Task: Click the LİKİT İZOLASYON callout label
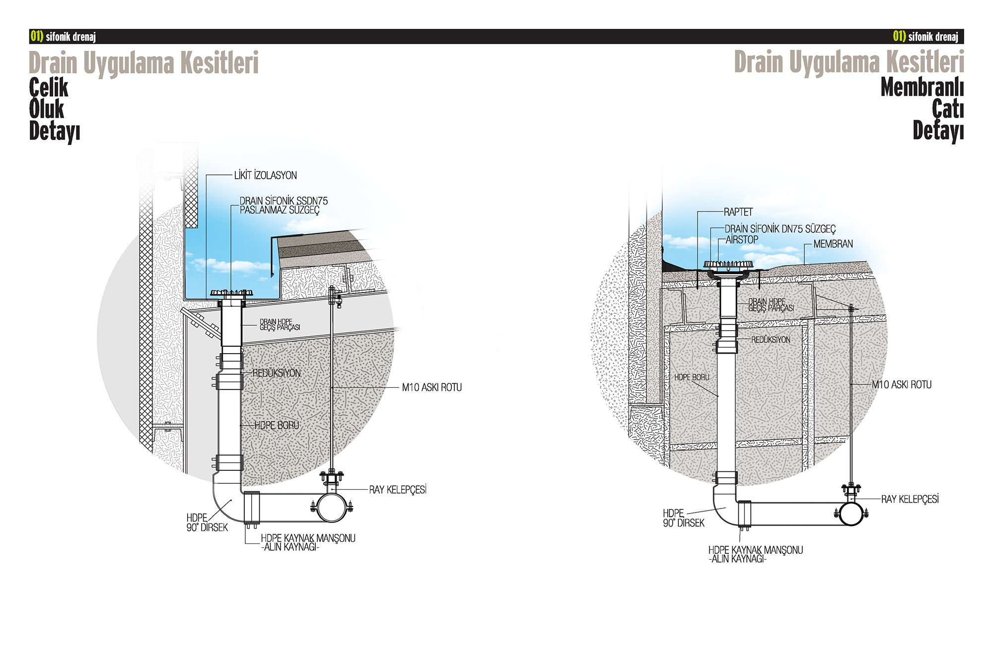click(265, 175)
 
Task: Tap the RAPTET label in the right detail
click(738, 212)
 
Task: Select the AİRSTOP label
click(742, 239)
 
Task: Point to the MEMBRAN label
click(833, 244)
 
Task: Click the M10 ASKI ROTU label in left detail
click(431, 387)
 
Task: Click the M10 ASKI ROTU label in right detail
click(902, 384)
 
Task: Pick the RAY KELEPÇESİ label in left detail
click(398, 490)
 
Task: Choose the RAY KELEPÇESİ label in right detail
click(910, 499)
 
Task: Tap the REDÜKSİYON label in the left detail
click(277, 373)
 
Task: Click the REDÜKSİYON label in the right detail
click(771, 340)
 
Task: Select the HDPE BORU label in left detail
click(277, 426)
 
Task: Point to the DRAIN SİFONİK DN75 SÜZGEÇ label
click(780, 229)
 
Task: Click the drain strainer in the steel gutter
click(231, 293)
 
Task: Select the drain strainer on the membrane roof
click(728, 265)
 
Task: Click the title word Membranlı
click(922, 87)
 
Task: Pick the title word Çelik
click(49, 87)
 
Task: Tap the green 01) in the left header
click(37, 36)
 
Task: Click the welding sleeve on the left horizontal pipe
click(252, 508)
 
